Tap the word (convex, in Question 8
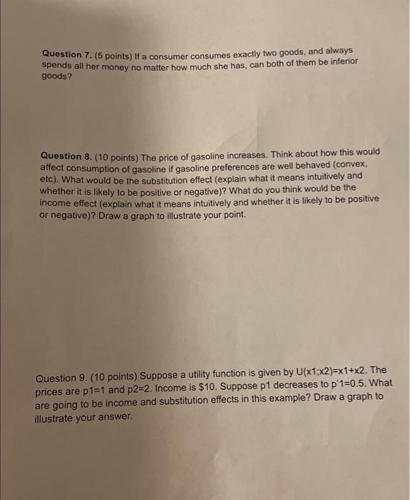click(x=360, y=164)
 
